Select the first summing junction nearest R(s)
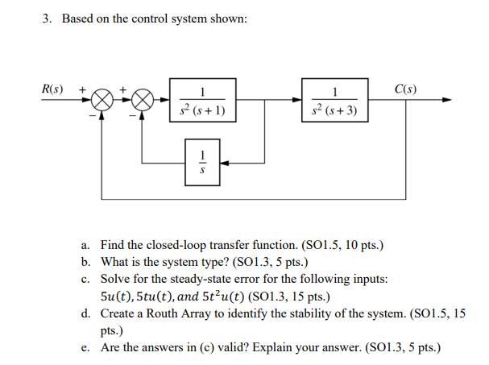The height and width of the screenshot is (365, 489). [x=102, y=100]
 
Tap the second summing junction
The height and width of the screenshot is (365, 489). [x=142, y=100]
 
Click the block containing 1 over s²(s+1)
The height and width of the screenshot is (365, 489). [x=203, y=101]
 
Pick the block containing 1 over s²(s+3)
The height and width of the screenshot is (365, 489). [x=335, y=101]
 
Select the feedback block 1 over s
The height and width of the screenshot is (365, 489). [x=203, y=162]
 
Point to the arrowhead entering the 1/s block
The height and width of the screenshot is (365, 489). [x=225, y=162]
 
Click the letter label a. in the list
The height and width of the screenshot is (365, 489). [x=85, y=244]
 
